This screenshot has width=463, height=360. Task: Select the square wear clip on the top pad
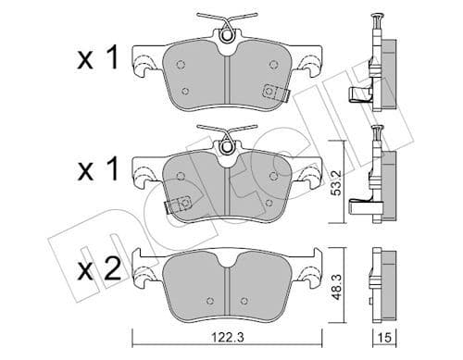(272, 91)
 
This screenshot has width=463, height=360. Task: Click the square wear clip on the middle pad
(182, 205)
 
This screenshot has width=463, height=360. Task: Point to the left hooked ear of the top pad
(144, 64)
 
